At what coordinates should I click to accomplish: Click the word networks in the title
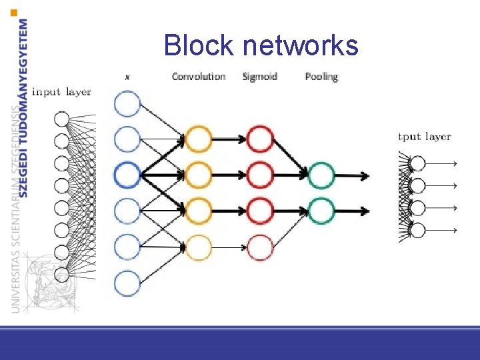tap(301, 46)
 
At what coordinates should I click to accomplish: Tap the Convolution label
tap(199, 76)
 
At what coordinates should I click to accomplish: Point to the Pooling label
tap(321, 76)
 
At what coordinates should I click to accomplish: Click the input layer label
tap(61, 91)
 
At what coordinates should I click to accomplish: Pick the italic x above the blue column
tap(127, 77)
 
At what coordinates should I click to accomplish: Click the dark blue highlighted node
tap(127, 175)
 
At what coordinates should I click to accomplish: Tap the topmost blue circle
tap(127, 104)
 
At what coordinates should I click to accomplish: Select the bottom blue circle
tap(127, 283)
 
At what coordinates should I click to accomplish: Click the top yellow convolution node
tap(198, 139)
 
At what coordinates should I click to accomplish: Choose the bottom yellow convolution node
tap(198, 247)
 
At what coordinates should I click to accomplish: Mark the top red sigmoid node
tap(260, 139)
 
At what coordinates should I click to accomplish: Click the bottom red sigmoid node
tap(260, 247)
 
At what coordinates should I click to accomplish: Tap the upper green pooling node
tap(321, 175)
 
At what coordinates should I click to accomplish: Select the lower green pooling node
tap(321, 211)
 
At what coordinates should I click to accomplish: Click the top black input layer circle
tap(61, 119)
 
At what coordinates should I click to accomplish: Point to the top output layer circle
tap(417, 163)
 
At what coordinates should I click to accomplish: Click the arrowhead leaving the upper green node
tap(364, 175)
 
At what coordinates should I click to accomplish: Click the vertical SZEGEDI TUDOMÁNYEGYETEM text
tap(24, 107)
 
